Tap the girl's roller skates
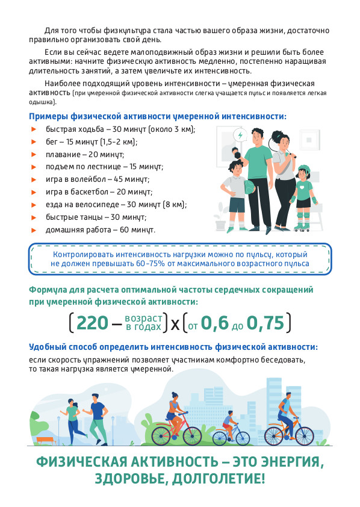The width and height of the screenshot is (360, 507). tap(302, 228)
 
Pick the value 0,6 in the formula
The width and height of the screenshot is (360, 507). tap(214, 323)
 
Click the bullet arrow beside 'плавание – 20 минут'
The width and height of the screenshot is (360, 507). tap(33, 154)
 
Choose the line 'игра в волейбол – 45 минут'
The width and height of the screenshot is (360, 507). tap(98, 179)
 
